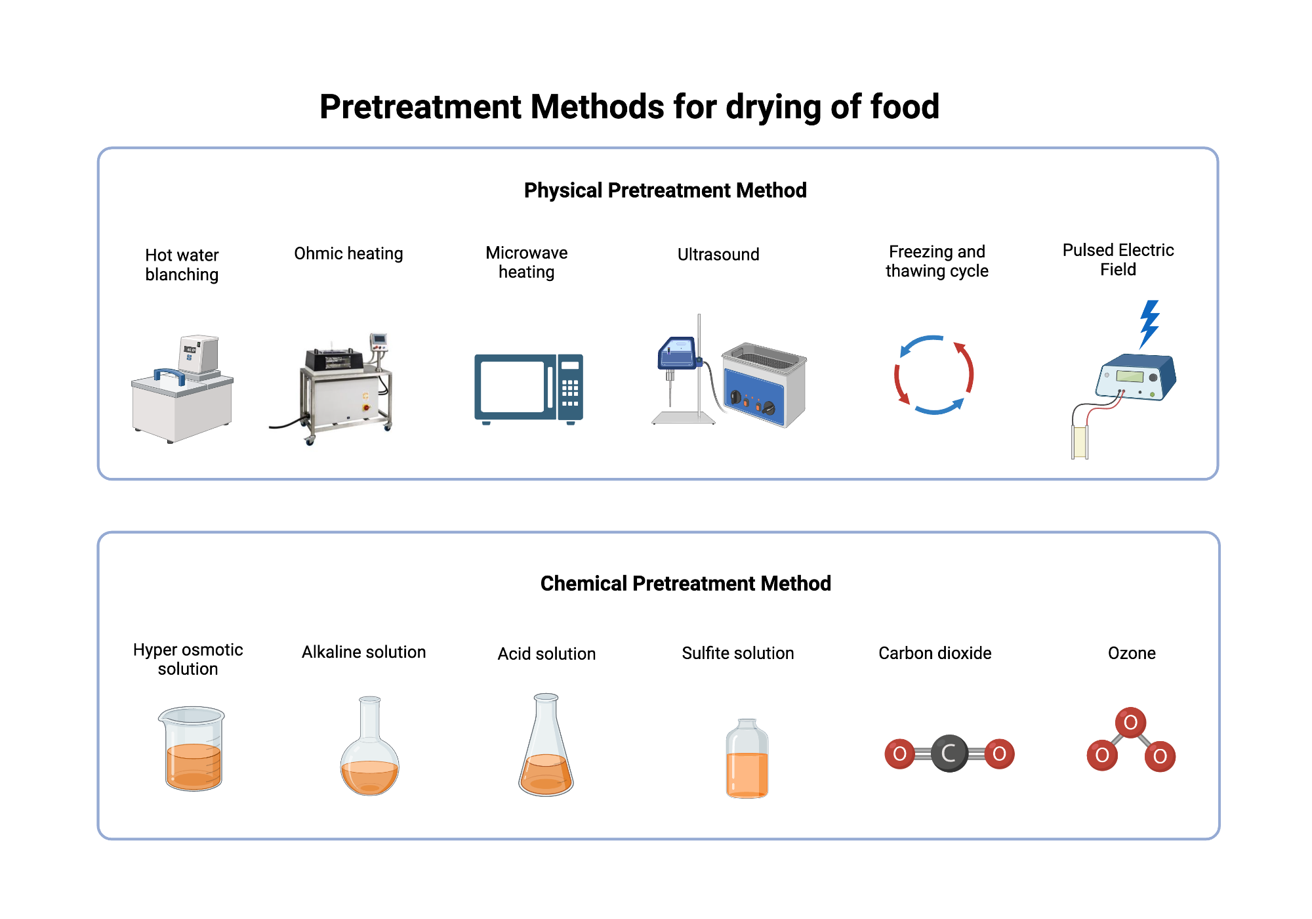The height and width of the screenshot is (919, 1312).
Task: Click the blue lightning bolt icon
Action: tap(1149, 323)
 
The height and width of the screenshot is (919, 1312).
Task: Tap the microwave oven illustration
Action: tap(528, 389)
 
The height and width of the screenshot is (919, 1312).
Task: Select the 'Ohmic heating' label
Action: tap(348, 254)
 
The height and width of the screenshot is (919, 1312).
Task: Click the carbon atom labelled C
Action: tap(949, 753)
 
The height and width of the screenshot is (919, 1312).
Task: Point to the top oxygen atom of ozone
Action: tap(1130, 723)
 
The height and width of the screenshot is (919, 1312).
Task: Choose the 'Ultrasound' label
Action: tap(718, 255)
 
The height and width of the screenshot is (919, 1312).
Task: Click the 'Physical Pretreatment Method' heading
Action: tap(665, 190)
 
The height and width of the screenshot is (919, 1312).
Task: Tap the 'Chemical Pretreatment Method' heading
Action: tap(686, 584)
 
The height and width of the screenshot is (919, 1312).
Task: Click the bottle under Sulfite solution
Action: tap(747, 760)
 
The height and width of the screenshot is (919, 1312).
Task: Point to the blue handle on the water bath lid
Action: tap(169, 376)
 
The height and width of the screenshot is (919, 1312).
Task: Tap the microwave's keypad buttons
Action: tap(570, 392)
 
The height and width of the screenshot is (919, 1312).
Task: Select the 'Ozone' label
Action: tap(1132, 653)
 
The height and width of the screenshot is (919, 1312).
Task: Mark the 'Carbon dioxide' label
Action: tap(935, 653)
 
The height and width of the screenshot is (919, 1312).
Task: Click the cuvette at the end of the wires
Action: tap(1079, 442)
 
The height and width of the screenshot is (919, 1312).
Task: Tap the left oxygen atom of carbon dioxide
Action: tap(900, 754)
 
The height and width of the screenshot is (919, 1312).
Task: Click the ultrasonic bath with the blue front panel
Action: tap(764, 385)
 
